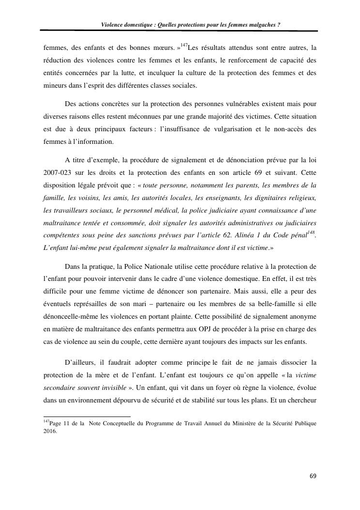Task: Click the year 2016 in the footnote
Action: click(50, 431)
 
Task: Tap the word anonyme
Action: click(302, 316)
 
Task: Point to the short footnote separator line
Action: click(87, 416)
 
